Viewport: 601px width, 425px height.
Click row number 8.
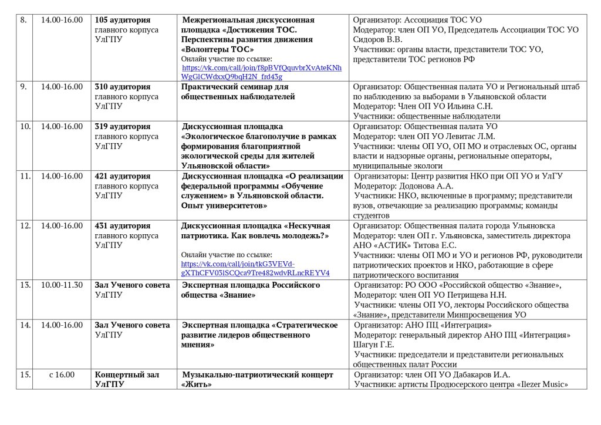pos(23,20)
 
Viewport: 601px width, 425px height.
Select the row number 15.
pos(25,375)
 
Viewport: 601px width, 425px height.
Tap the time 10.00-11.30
pos(62,285)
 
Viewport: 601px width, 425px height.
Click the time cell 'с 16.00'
pos(62,375)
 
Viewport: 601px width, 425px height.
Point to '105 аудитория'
pos(123,20)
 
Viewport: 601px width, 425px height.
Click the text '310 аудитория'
pos(123,86)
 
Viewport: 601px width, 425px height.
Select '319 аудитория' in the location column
pos(123,126)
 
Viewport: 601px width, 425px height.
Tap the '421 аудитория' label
pos(123,176)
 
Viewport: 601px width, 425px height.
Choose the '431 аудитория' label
pos(123,225)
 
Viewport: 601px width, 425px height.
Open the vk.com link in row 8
pos(261,72)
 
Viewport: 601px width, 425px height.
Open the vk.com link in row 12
pos(255,268)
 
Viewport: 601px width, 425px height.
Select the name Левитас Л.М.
pos(470,136)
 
